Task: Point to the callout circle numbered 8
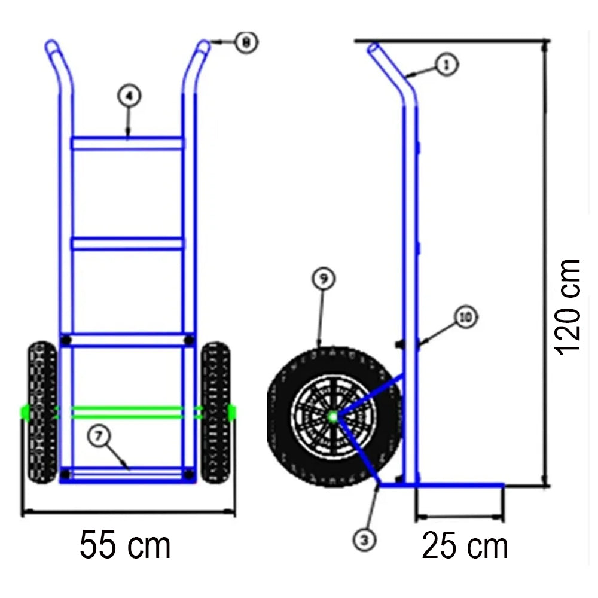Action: [x=246, y=42]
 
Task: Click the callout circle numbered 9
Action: [x=324, y=279]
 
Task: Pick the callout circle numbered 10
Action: [x=466, y=318]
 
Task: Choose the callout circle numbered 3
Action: [x=364, y=540]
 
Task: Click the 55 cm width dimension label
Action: [x=126, y=545]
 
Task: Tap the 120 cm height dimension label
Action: [x=568, y=306]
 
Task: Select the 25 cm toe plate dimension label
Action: [x=465, y=546]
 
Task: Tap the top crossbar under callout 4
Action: [x=127, y=144]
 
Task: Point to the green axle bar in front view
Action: [x=128, y=411]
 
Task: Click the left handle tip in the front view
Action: [x=51, y=45]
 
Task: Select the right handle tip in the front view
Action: [x=204, y=45]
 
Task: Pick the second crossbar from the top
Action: [x=127, y=243]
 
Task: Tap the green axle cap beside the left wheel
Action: [x=25, y=411]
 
